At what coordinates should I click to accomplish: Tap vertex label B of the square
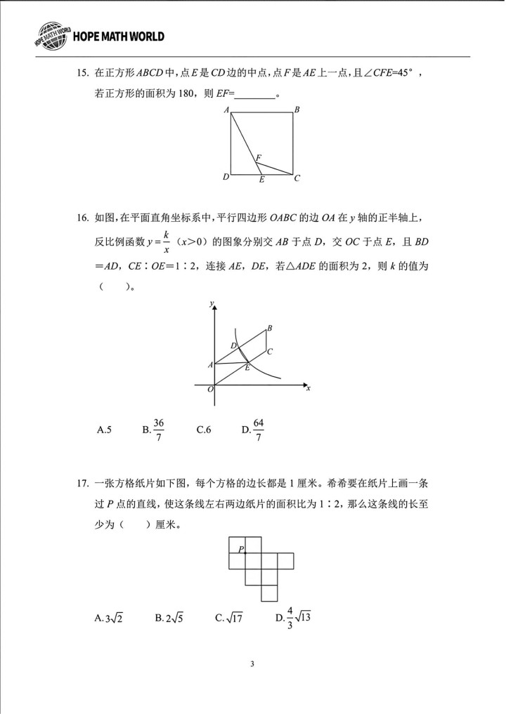[x=297, y=110]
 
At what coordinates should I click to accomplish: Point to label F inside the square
[x=258, y=157]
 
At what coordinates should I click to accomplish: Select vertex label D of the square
[x=226, y=177]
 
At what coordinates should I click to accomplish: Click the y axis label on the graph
[x=212, y=303]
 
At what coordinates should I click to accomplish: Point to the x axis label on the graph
[x=309, y=388]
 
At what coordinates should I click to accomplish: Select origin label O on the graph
[x=210, y=390]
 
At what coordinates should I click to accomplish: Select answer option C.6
[x=204, y=430]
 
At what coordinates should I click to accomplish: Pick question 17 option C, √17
[x=229, y=619]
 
